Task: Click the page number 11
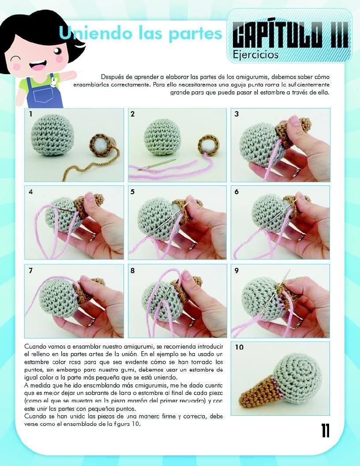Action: click(326, 431)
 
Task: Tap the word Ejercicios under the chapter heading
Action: click(256, 55)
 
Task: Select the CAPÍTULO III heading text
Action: click(290, 34)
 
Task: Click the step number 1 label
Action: click(30, 114)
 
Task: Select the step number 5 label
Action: click(132, 192)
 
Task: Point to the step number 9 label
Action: click(236, 271)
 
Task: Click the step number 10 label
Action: click(239, 347)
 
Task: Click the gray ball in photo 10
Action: click(297, 375)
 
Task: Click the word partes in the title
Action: click(195, 33)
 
